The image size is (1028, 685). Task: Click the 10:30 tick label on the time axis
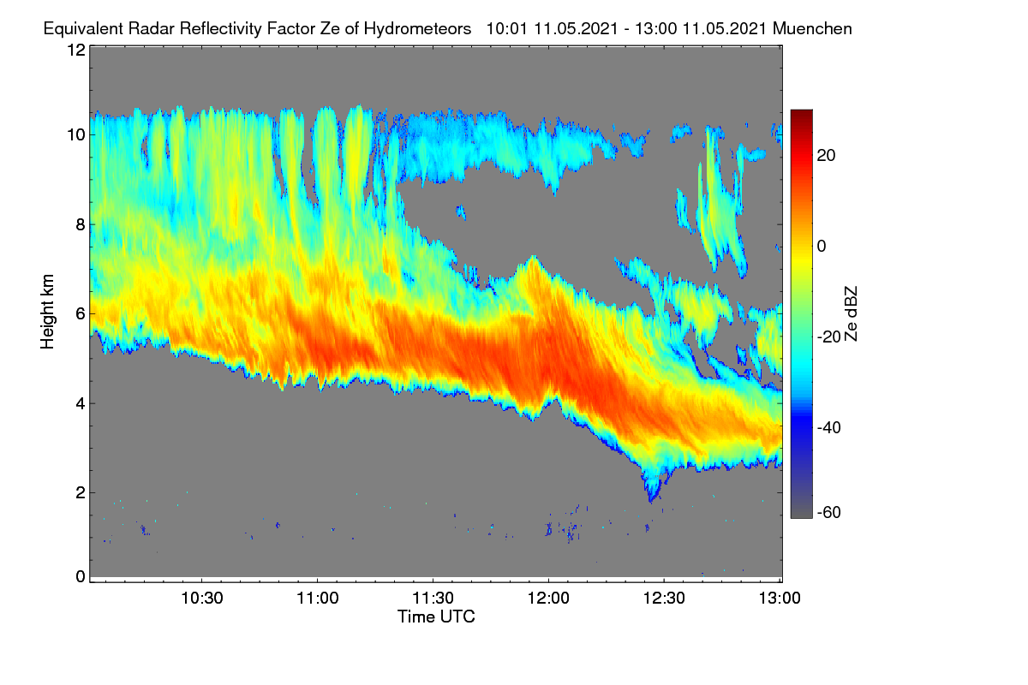pos(202,599)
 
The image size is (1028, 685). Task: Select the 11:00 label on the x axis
pos(318,599)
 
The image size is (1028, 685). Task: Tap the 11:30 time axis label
pos(433,599)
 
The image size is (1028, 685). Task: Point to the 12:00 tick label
pos(548,599)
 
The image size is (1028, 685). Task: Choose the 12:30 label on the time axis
pos(664,599)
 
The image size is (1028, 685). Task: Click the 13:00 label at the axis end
pos(780,599)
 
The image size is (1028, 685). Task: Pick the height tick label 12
pos(76,50)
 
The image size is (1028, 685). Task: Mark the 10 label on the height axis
pos(76,135)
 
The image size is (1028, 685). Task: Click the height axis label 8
pos(81,225)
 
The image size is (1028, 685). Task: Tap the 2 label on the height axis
pos(81,493)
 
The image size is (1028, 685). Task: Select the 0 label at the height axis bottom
pos(81,577)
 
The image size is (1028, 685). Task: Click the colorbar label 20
pos(826,156)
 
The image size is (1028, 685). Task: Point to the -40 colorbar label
pos(829,428)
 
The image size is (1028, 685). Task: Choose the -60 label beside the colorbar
pos(829,513)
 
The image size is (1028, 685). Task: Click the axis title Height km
pos(47,312)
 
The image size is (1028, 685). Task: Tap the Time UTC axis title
pos(436,617)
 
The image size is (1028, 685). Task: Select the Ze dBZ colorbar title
pos(851,314)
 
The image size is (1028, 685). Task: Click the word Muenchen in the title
pos(812,29)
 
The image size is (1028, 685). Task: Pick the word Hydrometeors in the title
pos(418,29)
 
